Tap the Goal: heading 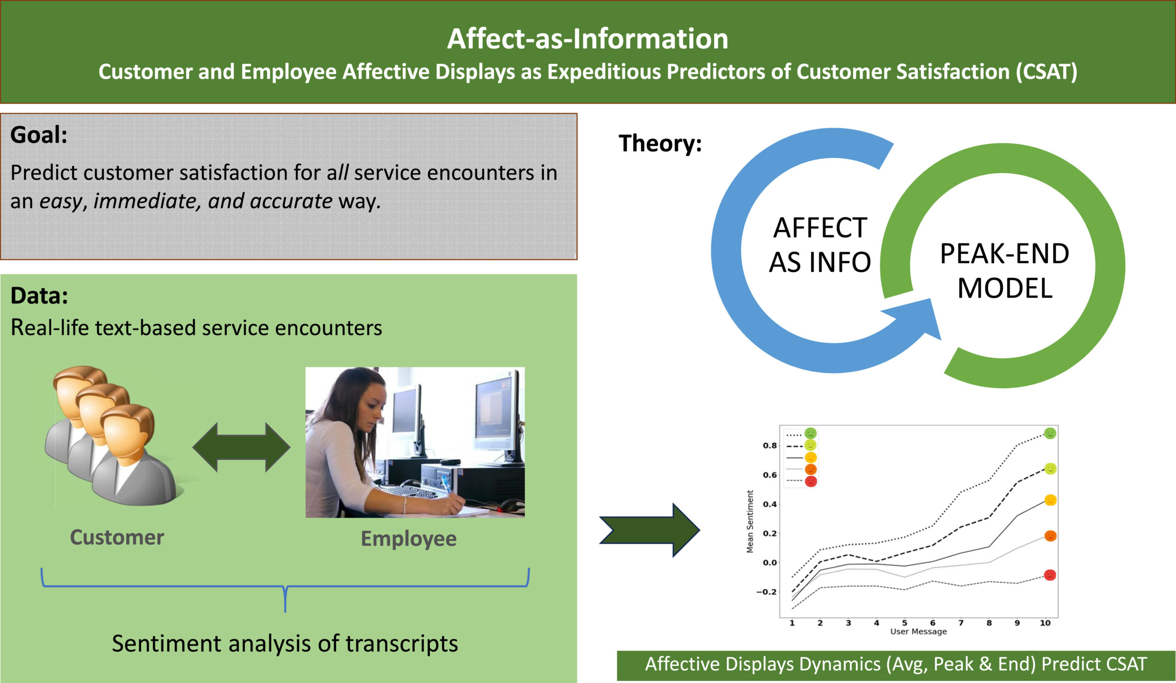[x=39, y=135]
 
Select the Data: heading [x=39, y=295]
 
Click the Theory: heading [x=660, y=143]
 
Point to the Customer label [x=117, y=537]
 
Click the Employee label [x=408, y=538]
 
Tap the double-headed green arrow [x=241, y=447]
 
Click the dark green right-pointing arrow [x=649, y=530]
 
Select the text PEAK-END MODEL [x=1004, y=271]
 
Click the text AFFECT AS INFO [x=820, y=244]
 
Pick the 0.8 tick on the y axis [x=769, y=446]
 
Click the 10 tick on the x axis [x=1045, y=623]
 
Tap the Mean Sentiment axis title [x=750, y=521]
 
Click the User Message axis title [x=918, y=631]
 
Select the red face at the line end [x=1050, y=575]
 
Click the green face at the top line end [x=1050, y=434]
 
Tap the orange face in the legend [x=811, y=469]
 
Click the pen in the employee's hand [x=447, y=484]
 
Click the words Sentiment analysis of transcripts [x=285, y=643]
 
